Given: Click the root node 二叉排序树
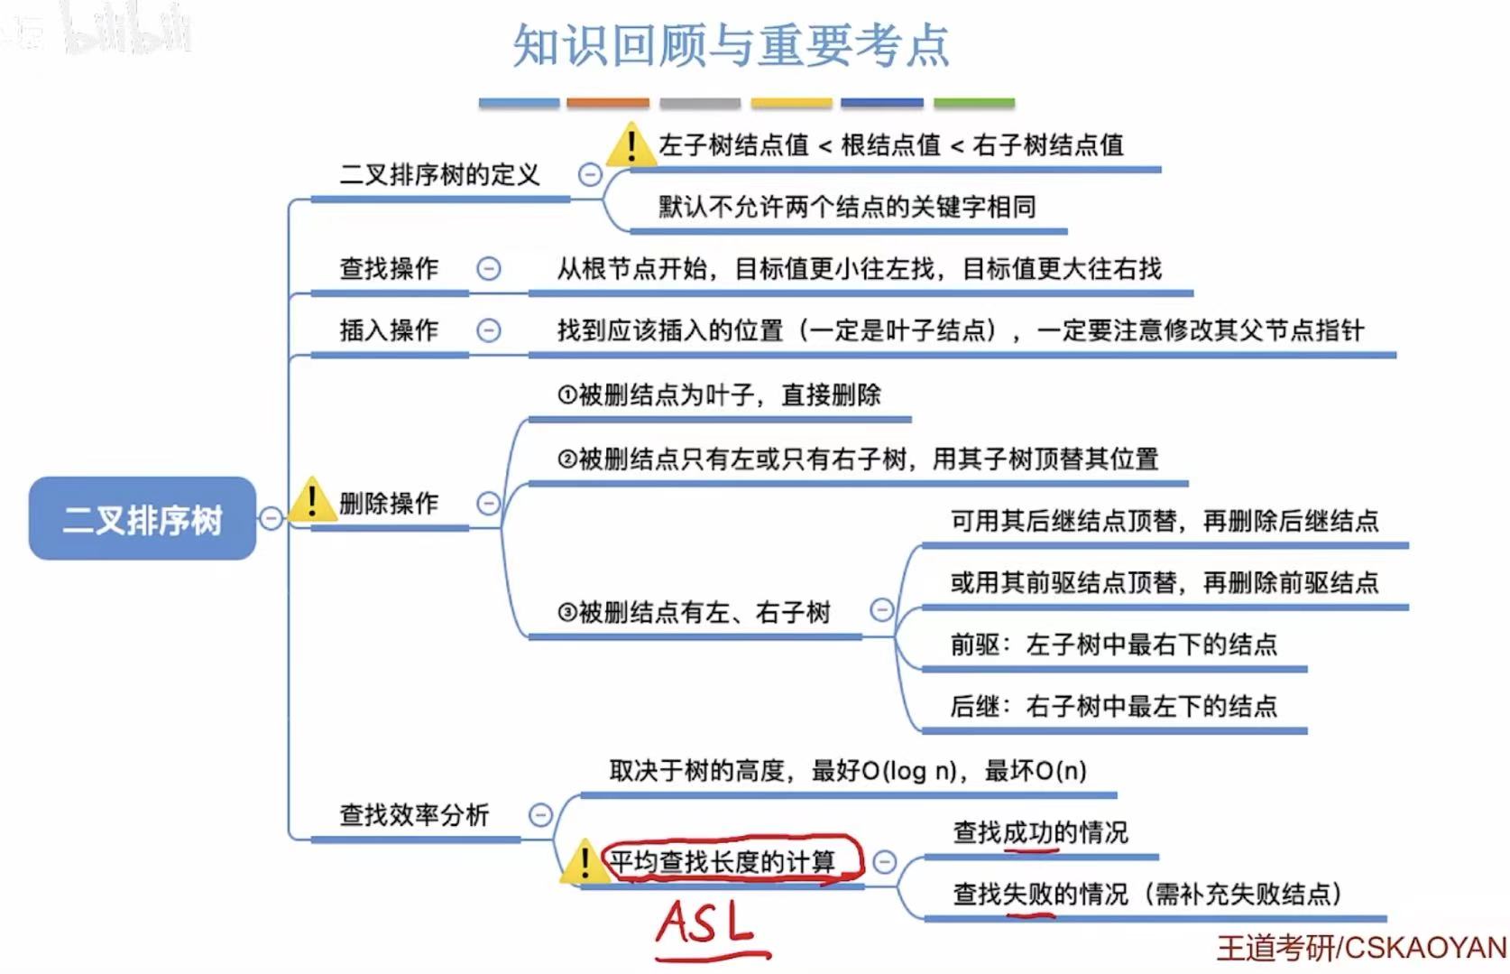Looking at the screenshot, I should [x=143, y=519].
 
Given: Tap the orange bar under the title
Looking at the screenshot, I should [x=607, y=104].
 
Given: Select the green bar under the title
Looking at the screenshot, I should [x=973, y=104].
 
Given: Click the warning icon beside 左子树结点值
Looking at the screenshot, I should [x=631, y=145].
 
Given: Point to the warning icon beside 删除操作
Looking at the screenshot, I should [x=311, y=500].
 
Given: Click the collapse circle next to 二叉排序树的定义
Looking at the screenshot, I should [x=590, y=174].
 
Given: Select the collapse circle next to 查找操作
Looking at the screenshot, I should [x=488, y=268].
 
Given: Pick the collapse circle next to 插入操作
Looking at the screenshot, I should [x=488, y=330].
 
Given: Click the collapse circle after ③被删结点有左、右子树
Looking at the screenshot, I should [x=881, y=610].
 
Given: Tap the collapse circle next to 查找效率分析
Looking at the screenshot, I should [x=539, y=815].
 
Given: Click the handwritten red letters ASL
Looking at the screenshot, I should [x=706, y=925].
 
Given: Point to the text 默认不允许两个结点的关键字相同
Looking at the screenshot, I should [x=846, y=207].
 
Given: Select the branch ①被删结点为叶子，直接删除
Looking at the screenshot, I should [x=718, y=394].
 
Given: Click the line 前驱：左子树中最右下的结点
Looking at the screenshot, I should [x=1113, y=644].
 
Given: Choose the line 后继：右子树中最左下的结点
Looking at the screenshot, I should [x=1113, y=705].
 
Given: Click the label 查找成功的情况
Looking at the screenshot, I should [x=1040, y=831].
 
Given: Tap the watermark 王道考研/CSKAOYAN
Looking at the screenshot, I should [x=1361, y=948].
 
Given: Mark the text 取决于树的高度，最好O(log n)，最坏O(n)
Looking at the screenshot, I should [x=847, y=770].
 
